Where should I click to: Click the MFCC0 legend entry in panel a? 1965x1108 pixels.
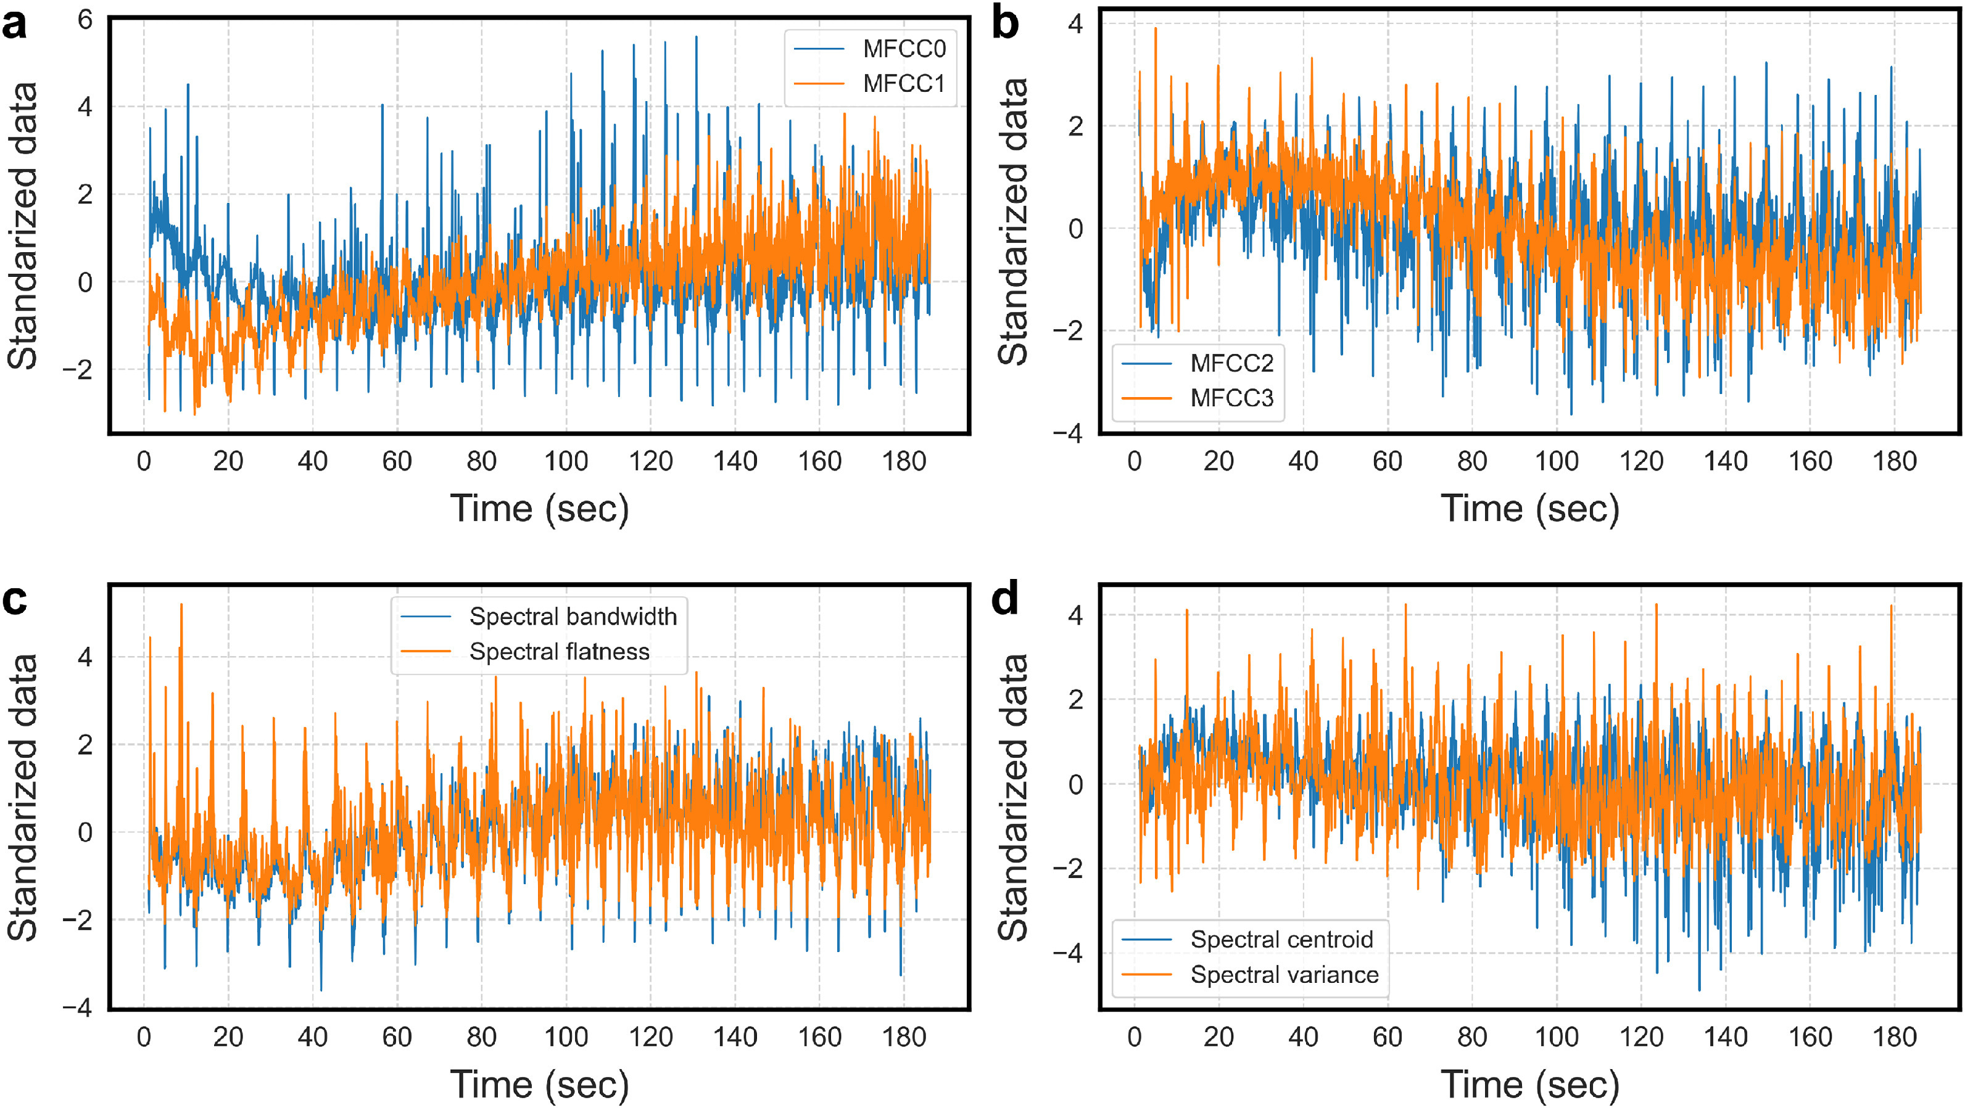pos(903,49)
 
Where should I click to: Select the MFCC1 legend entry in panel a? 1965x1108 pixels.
pos(903,84)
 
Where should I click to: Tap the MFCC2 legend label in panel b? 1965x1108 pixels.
pos(1231,363)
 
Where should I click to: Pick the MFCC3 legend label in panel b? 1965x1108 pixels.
pos(1231,398)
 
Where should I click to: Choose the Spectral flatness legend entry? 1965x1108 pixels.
pos(559,652)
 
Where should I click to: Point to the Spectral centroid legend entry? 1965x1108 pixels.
pos(1281,940)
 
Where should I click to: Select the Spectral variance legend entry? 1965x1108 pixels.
pos(1284,975)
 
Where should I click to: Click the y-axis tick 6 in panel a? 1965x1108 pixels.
pos(85,20)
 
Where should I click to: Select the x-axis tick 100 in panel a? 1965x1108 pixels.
pos(565,461)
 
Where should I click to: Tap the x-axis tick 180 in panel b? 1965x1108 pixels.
pos(1895,461)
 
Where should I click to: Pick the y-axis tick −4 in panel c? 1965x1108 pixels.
pos(77,1008)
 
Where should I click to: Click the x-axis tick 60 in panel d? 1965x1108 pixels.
pos(1387,1037)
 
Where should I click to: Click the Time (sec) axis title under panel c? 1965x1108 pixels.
pos(539,1085)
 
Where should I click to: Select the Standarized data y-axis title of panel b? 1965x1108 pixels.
pos(1013,221)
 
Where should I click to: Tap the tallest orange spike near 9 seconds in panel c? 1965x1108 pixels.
pos(181,605)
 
